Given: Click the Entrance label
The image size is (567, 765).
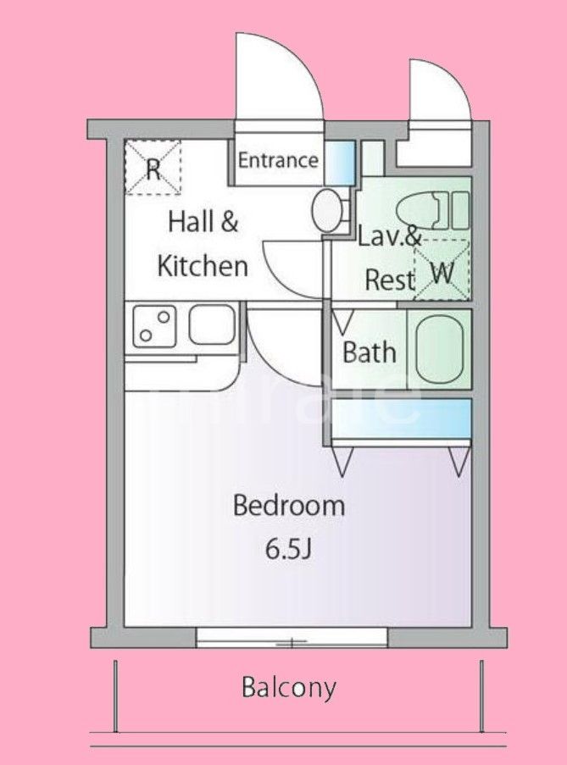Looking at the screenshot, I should point(277,160).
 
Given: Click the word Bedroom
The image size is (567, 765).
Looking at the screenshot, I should point(289,506).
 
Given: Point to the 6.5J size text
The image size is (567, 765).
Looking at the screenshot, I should point(289,549).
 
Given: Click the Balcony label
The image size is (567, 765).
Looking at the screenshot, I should point(289,687).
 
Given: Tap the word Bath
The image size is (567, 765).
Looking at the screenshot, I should point(369,352).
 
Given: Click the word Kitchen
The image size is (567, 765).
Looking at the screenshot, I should point(203,265).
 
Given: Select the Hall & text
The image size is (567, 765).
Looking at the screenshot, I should point(203,223).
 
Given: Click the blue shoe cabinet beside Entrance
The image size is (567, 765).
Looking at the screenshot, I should point(340,161).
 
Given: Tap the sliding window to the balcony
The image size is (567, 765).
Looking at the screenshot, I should point(292,638).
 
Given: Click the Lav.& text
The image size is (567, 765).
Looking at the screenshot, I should point(389,236).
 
